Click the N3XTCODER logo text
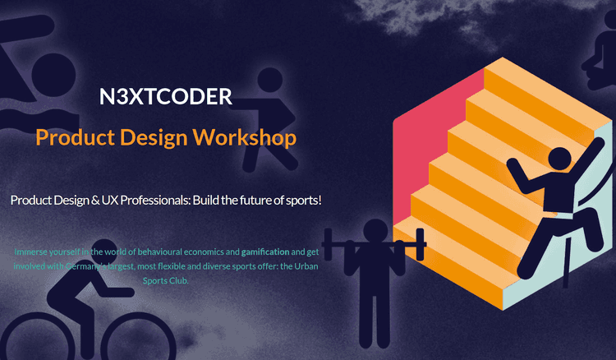(166, 97)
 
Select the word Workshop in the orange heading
(245, 137)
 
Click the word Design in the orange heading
(154, 138)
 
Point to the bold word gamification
(265, 252)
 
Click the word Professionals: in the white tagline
(155, 200)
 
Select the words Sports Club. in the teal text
(165, 280)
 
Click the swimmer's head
(53, 76)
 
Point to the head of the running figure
(270, 81)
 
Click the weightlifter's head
(375, 231)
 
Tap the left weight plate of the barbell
(328, 244)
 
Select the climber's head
(559, 159)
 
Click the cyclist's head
(104, 252)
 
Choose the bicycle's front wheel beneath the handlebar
(138, 337)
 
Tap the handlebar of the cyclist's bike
(116, 292)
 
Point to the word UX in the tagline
(109, 200)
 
